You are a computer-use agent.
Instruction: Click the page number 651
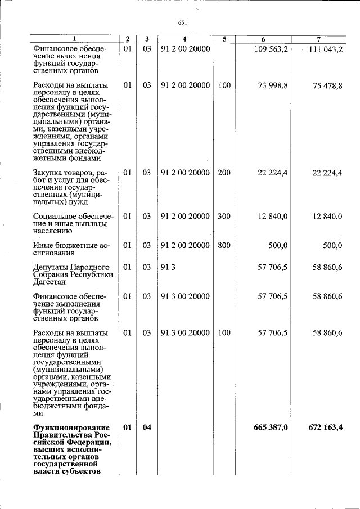[x=182, y=23]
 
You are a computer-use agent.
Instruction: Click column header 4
[x=184, y=39]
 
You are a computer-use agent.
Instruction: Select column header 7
[x=318, y=39]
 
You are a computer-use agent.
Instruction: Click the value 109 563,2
[x=273, y=49]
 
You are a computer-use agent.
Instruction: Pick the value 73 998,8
[x=273, y=85]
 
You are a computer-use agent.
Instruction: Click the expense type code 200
[x=224, y=173]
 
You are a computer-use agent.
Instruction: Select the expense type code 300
[x=224, y=217]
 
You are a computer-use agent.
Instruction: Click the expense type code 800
[x=224, y=245]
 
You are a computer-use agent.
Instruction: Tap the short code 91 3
[x=168, y=267]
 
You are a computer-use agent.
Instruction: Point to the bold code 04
[x=146, y=427]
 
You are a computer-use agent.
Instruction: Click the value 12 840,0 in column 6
[x=273, y=217]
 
